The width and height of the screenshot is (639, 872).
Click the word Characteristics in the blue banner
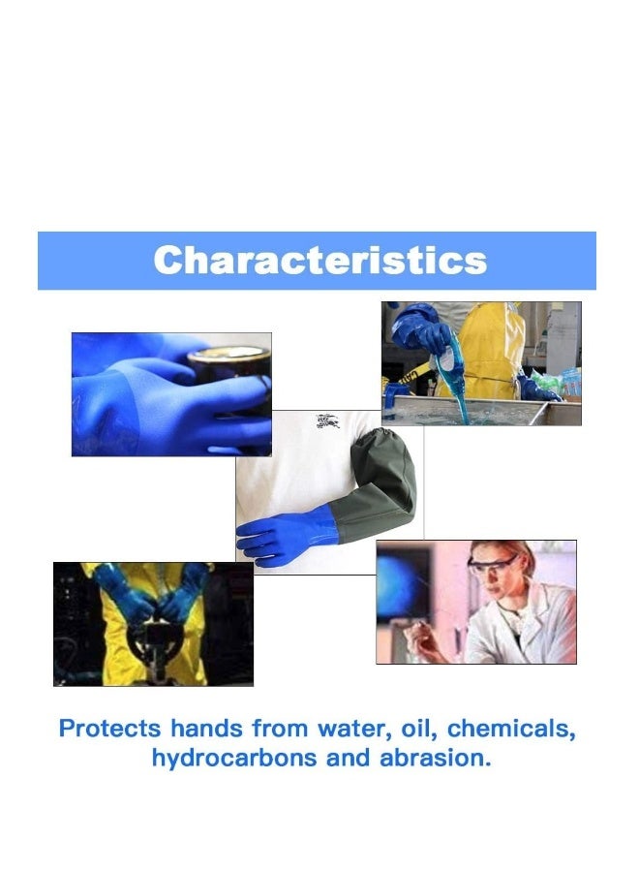(319, 260)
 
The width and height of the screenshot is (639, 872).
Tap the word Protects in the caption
(109, 729)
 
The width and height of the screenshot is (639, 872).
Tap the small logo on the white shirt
(326, 421)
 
